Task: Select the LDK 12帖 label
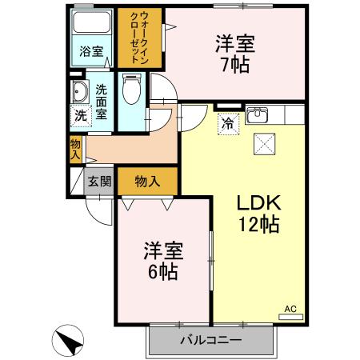pyautogui.click(x=256, y=214)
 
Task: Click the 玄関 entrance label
pyautogui.click(x=100, y=181)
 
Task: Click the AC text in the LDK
pyautogui.click(x=290, y=307)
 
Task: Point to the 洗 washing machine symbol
pyautogui.click(x=80, y=114)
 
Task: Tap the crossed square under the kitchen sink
pyautogui.click(x=263, y=144)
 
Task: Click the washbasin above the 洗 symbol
pyautogui.click(x=80, y=91)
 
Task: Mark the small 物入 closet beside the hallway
pyautogui.click(x=75, y=149)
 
